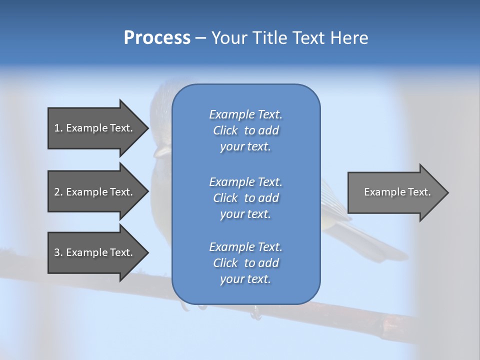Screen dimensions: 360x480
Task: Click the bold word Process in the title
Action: coord(157,38)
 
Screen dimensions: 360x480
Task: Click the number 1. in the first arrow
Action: coord(58,128)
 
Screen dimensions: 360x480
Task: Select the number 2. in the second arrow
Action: coord(58,192)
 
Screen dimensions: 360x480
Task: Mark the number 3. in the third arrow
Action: coord(58,252)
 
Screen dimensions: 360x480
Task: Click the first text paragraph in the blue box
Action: coord(245,130)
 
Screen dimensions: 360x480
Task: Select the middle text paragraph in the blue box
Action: coord(245,198)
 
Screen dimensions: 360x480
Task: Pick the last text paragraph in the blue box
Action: coord(245,263)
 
